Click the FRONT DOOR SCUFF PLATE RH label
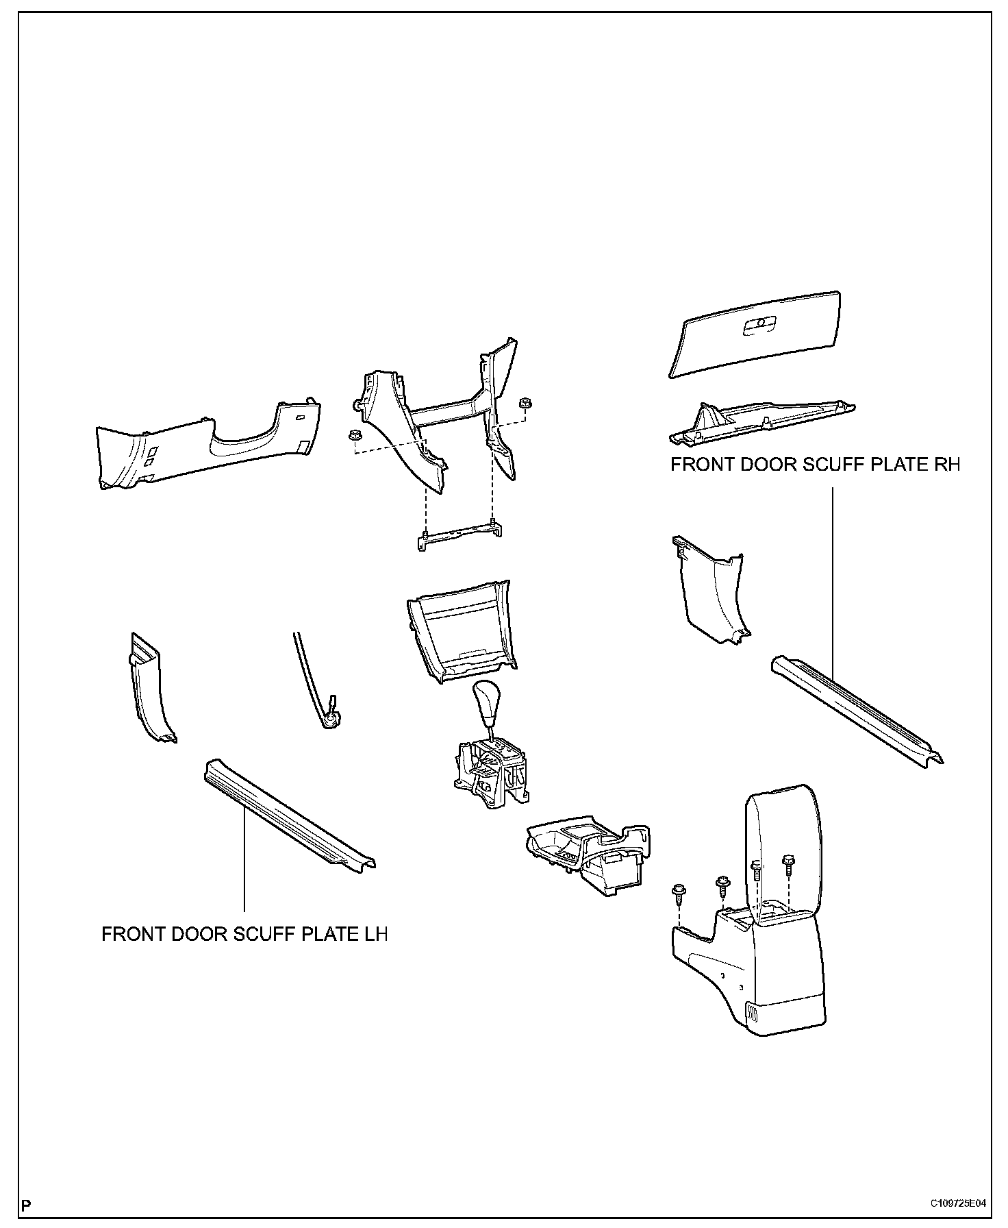(815, 465)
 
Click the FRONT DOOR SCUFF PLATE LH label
(244, 934)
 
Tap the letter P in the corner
(26, 1204)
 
